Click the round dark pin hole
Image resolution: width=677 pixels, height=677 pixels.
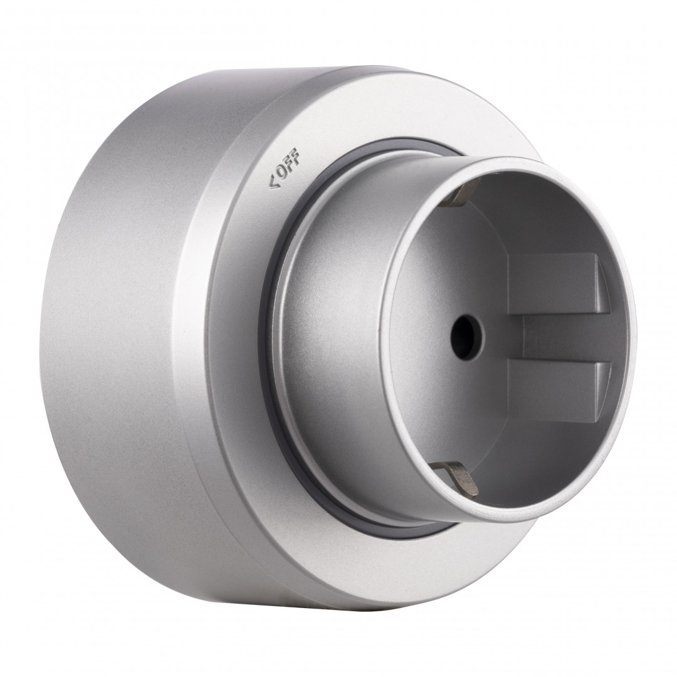[467, 337]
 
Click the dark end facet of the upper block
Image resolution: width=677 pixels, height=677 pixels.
[602, 285]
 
